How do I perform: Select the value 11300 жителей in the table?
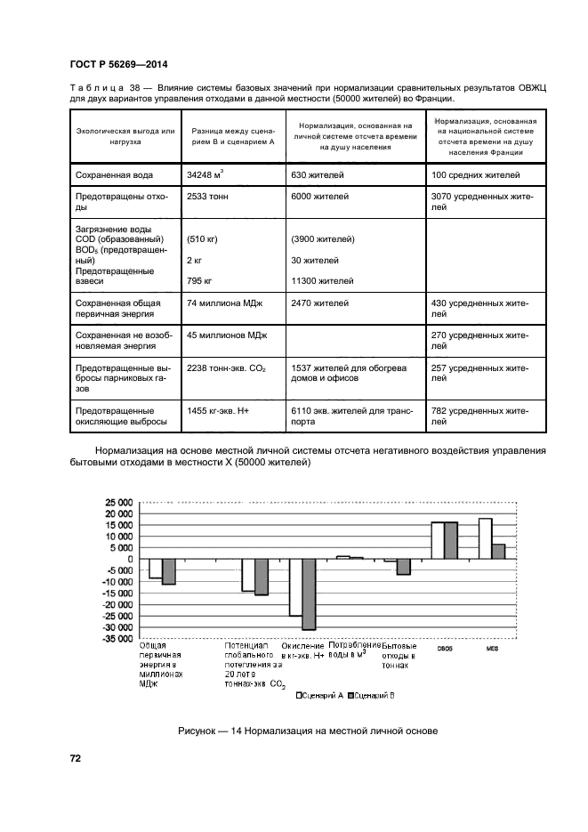[x=323, y=281]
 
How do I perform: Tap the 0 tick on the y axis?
[x=129, y=559]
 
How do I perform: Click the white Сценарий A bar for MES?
[x=485, y=538]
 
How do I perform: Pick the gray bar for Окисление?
[x=309, y=594]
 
